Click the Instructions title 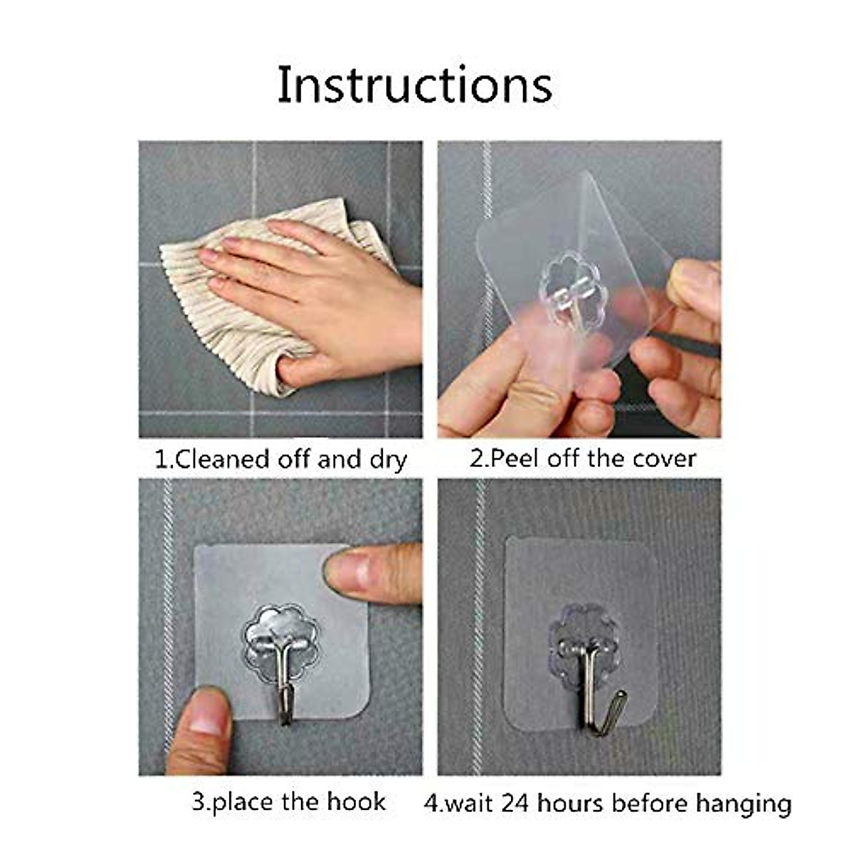coord(414,84)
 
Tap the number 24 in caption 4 coord(517,803)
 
